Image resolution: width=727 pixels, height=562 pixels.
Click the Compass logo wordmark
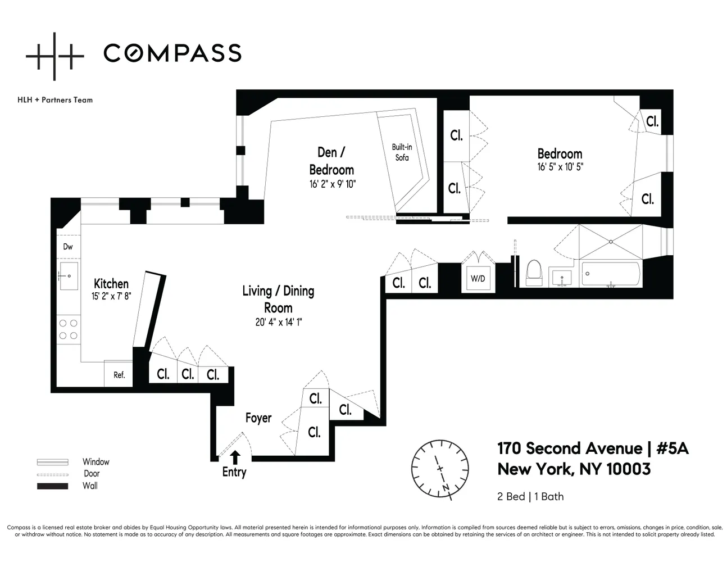[172, 53]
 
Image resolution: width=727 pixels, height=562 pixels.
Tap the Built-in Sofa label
[402, 152]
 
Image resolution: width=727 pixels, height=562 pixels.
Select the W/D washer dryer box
[478, 278]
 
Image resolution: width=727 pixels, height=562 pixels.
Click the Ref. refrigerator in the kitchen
[119, 375]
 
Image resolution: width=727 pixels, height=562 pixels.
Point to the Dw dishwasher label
[68, 247]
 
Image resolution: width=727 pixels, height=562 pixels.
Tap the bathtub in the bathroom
[610, 274]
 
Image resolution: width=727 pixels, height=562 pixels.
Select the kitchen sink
[69, 276]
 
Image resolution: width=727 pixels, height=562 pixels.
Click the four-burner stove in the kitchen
[69, 329]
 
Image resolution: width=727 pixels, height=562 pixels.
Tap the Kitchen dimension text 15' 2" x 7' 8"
[111, 296]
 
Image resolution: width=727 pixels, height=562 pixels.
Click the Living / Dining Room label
[278, 299]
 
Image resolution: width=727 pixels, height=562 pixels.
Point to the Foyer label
[258, 418]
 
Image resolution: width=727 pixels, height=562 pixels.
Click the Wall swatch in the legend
[52, 486]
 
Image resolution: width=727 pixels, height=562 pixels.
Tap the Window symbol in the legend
[52, 462]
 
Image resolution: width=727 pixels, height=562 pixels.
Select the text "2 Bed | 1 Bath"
[530, 496]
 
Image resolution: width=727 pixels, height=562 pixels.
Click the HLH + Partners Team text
[55, 100]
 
